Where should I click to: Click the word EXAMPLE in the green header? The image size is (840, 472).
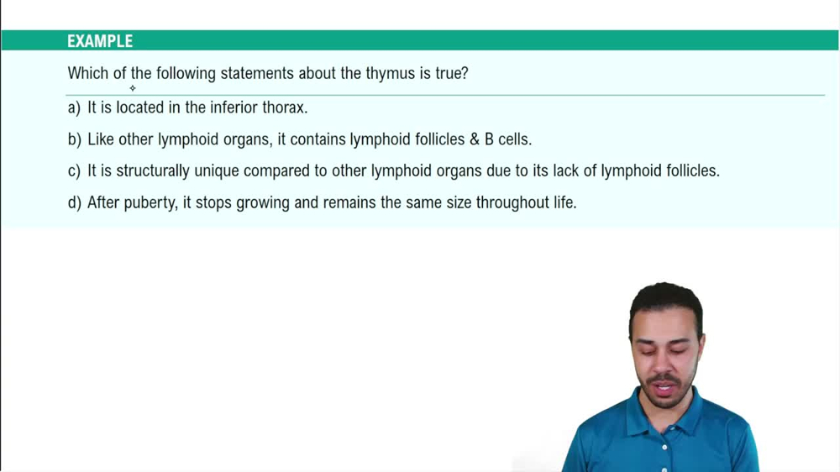pyautogui.click(x=100, y=41)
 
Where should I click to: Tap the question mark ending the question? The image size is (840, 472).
pyautogui.click(x=465, y=74)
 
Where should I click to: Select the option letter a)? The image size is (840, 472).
pyautogui.click(x=74, y=108)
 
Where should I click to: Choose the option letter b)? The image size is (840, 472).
pyautogui.click(x=74, y=139)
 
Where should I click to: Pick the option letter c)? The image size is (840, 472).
pyautogui.click(x=74, y=171)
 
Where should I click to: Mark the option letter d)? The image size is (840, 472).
pyautogui.click(x=74, y=202)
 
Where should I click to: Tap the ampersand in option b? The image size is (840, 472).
pyautogui.click(x=475, y=139)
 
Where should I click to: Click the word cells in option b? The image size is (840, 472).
pyautogui.click(x=514, y=139)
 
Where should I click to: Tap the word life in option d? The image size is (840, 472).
pyautogui.click(x=562, y=202)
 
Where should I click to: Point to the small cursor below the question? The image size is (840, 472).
pyautogui.click(x=132, y=88)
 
